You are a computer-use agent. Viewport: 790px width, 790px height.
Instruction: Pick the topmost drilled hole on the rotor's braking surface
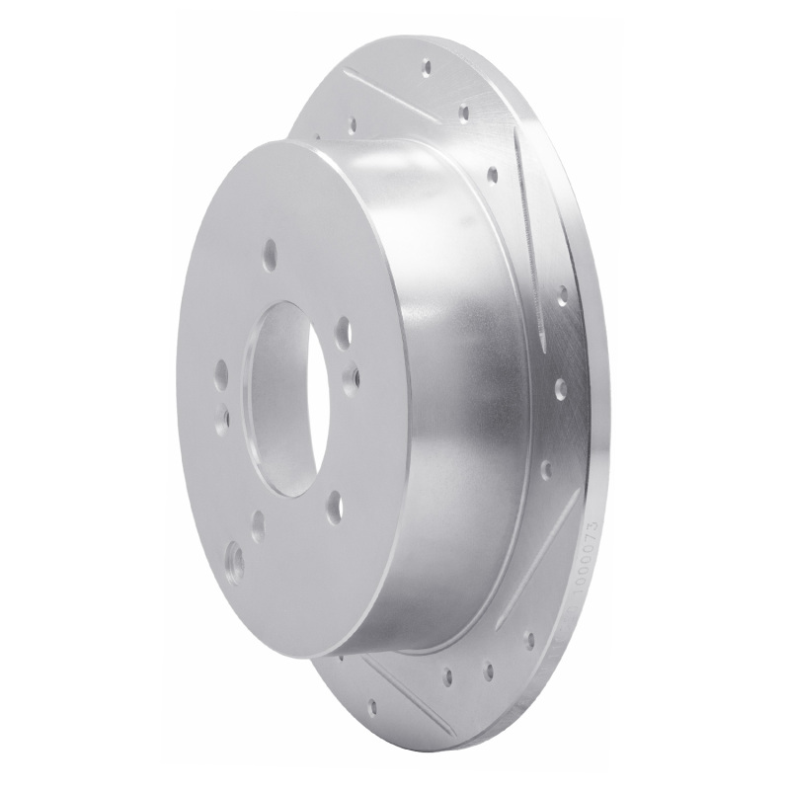point(427,68)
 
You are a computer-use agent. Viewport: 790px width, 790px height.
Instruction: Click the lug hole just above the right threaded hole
point(342,329)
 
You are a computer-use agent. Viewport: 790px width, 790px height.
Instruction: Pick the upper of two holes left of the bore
point(220,374)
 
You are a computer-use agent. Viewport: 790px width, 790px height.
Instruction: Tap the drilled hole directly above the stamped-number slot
point(545,467)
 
